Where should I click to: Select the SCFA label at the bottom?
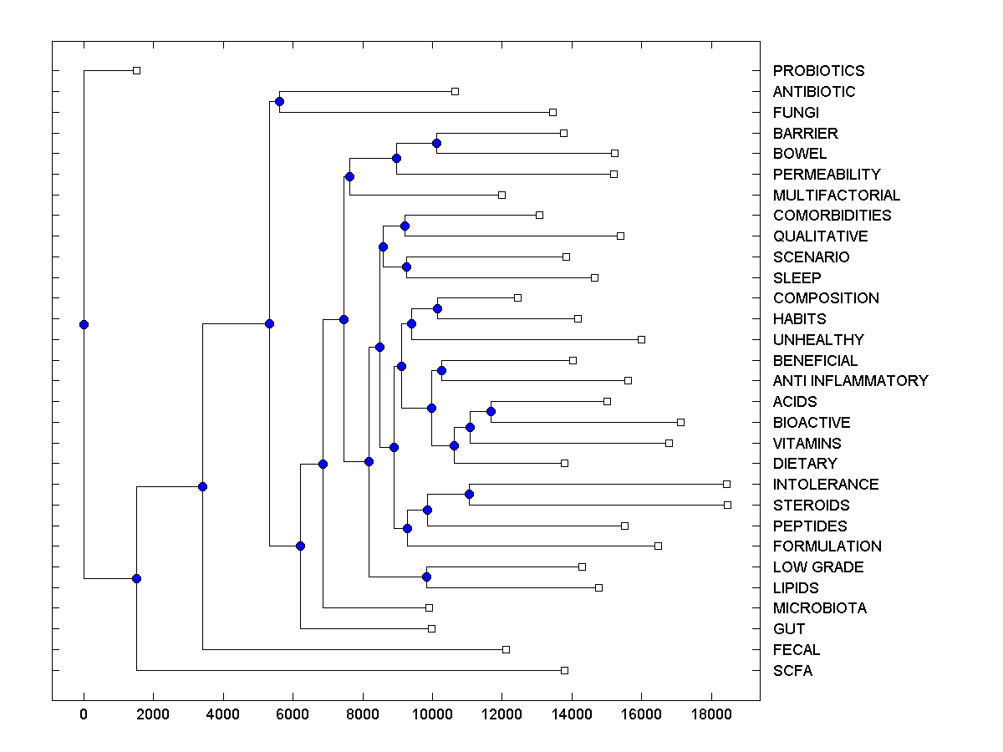[792, 671]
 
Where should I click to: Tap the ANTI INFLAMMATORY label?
[850, 381]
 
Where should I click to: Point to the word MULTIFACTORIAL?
[837, 196]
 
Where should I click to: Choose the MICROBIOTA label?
[820, 608]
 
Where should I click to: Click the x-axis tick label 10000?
[432, 713]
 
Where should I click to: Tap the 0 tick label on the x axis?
[84, 713]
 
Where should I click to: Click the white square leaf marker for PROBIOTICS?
[137, 71]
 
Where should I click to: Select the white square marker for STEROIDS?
[727, 505]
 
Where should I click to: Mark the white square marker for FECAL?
[506, 649]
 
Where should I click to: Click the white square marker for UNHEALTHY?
[641, 339]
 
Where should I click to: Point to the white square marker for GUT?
[431, 628]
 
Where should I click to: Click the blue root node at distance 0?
[84, 324]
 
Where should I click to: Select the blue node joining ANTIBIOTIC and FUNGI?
[279, 101]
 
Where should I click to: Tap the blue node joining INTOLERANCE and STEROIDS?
[469, 495]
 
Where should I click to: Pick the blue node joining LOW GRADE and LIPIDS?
[426, 577]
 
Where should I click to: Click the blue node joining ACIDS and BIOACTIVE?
[491, 411]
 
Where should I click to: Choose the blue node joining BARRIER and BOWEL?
[436, 143]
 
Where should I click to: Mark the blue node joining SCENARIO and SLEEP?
[406, 267]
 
